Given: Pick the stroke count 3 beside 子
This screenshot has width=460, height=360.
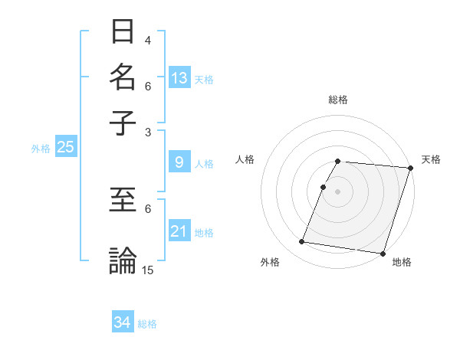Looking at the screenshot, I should [x=148, y=132].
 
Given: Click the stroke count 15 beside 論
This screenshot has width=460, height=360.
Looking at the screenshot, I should [x=148, y=270].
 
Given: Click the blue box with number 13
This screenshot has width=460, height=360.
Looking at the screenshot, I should [x=179, y=78].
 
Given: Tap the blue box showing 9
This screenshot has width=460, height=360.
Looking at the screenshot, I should [x=179, y=162].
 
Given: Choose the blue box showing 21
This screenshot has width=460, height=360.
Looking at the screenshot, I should [x=179, y=231].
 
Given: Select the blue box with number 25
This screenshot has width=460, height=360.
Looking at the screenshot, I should [x=65, y=147].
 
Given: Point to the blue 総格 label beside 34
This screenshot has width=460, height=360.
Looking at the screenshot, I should [x=148, y=324].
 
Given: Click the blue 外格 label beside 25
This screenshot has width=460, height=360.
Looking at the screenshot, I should [x=41, y=149].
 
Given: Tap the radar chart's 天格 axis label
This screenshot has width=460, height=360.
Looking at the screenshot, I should [x=431, y=159].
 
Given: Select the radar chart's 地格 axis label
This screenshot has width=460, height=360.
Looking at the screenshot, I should [x=402, y=263].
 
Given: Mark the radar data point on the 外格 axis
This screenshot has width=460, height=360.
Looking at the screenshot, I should [x=301, y=242].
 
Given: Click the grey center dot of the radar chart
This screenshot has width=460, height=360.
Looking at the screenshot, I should [x=337, y=191].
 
